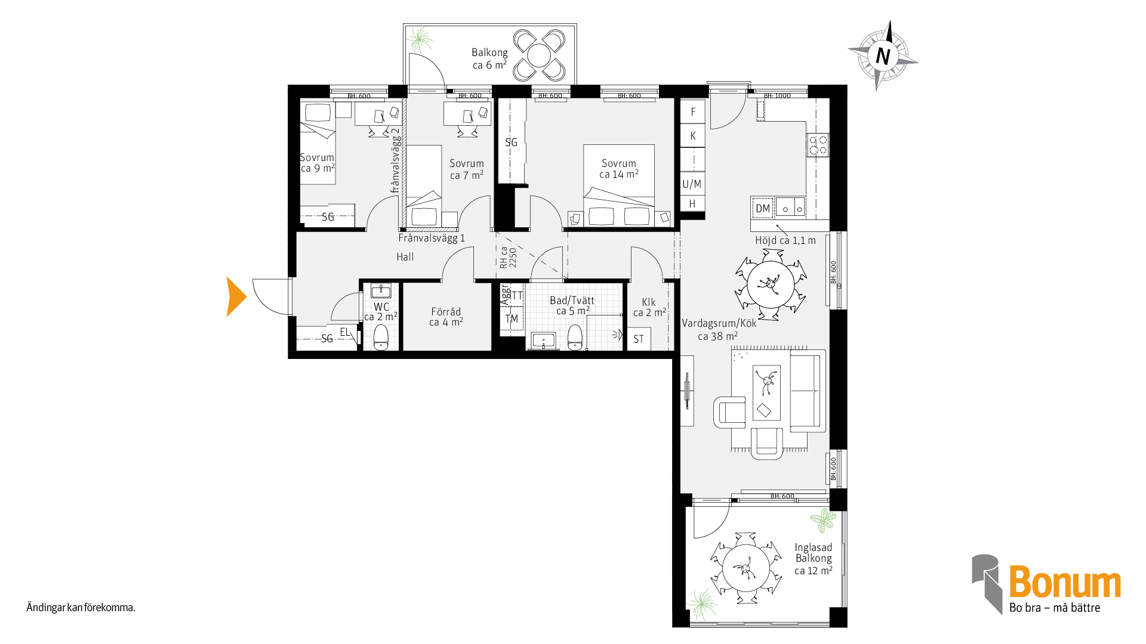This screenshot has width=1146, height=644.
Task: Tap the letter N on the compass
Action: click(883, 56)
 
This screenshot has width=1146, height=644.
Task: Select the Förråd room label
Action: click(446, 317)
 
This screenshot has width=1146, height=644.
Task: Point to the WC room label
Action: click(381, 312)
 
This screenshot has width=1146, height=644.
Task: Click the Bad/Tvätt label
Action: click(572, 305)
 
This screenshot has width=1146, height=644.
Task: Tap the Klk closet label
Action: click(649, 307)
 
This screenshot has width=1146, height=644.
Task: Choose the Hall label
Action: click(405, 257)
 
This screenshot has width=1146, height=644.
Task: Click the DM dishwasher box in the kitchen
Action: click(762, 208)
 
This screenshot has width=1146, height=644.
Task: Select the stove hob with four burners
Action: click(818, 145)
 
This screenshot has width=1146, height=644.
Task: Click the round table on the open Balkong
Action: click(539, 55)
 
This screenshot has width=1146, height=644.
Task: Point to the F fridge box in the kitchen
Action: click(693, 112)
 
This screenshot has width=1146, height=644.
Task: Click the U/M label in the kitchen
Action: click(692, 184)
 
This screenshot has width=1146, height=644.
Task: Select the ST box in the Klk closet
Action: click(639, 339)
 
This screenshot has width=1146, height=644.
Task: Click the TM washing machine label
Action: click(512, 319)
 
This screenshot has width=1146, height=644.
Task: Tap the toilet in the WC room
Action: click(381, 338)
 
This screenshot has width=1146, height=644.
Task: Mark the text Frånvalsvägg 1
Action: click(432, 238)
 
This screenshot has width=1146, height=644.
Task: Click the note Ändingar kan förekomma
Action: click(81, 608)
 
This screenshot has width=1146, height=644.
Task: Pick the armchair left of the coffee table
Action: click(729, 412)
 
